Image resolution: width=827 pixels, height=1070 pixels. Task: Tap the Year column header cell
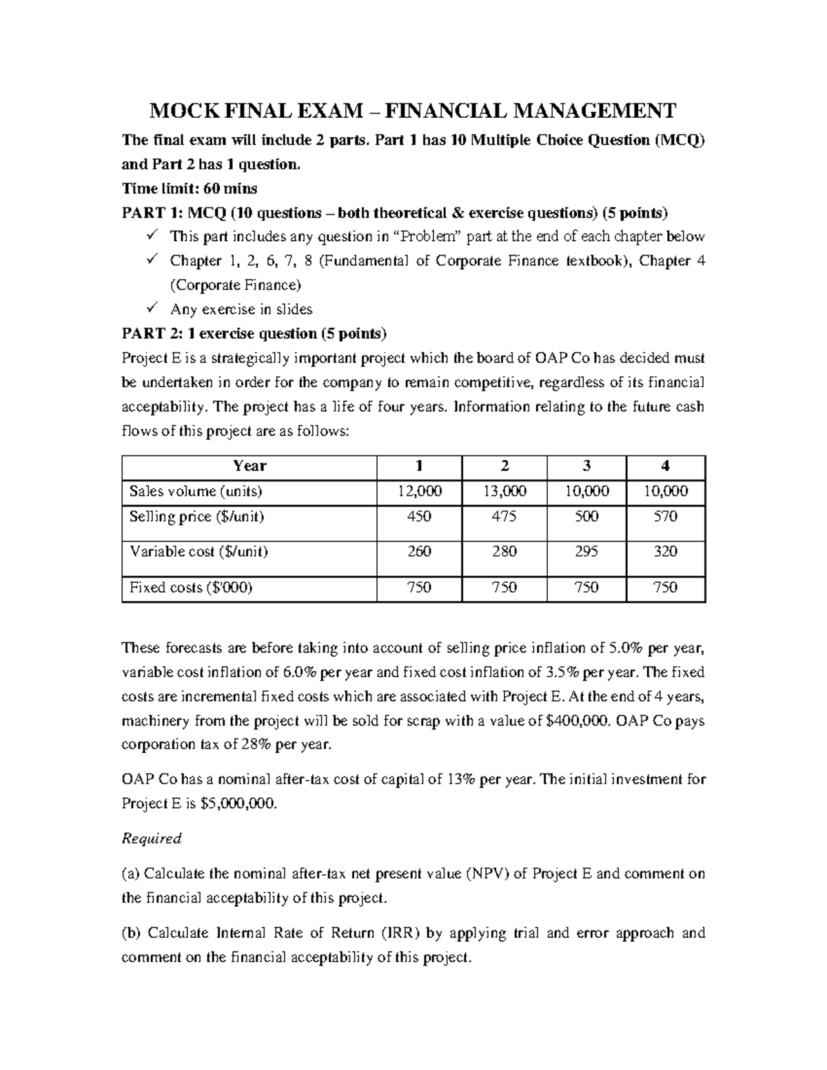click(249, 466)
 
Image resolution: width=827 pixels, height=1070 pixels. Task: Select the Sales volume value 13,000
click(504, 491)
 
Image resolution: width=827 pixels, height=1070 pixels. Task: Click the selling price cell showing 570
click(665, 516)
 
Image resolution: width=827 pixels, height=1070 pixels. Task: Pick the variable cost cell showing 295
click(586, 551)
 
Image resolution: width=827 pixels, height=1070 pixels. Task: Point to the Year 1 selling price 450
click(419, 516)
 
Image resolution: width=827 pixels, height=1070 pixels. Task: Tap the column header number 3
click(586, 466)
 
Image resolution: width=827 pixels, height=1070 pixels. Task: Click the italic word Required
click(151, 838)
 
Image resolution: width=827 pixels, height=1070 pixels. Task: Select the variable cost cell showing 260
click(419, 551)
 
